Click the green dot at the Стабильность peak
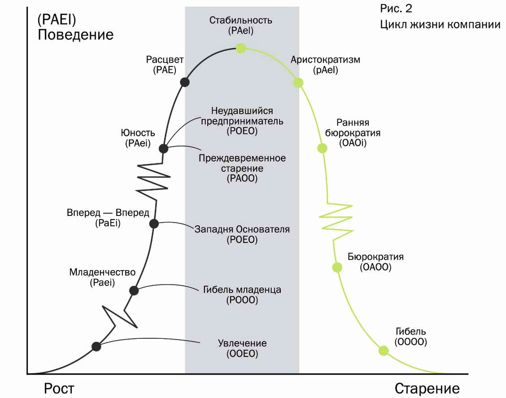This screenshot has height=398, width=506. [241, 48]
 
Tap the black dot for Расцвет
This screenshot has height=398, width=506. [184, 82]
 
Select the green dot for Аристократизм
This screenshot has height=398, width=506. [298, 83]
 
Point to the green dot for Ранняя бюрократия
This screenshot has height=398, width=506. [322, 148]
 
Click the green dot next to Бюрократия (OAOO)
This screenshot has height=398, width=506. [337, 267]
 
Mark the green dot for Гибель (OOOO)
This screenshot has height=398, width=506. [383, 351]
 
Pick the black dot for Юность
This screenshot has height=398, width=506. [164, 148]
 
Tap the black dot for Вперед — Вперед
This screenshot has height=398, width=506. [154, 223]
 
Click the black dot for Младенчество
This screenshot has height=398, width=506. [134, 290]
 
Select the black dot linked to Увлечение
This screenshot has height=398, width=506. [96, 346]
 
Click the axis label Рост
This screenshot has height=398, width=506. [59, 388]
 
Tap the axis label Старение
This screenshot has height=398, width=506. [427, 388]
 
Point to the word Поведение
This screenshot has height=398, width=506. [75, 35]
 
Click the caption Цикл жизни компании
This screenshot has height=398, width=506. [440, 24]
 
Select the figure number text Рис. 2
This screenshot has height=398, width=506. [396, 9]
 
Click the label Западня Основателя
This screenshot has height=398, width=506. [242, 229]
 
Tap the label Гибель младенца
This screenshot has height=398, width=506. [242, 290]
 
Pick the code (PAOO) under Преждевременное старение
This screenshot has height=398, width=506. [242, 178]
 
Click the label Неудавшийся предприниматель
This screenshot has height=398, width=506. [242, 116]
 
